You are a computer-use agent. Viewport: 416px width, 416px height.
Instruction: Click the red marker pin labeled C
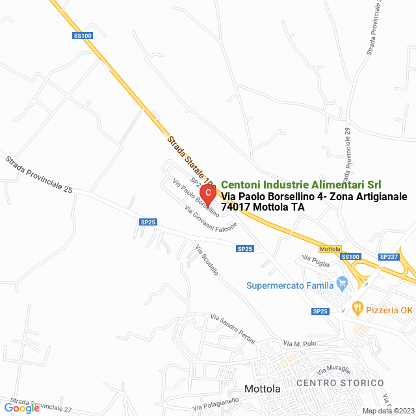point(207,194)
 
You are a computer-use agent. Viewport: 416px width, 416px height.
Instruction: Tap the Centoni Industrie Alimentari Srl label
point(301,185)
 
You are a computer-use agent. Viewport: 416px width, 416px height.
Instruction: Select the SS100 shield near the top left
point(83,36)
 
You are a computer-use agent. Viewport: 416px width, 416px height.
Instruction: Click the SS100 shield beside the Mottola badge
point(350,257)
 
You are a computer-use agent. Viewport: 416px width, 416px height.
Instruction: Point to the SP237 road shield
point(389,257)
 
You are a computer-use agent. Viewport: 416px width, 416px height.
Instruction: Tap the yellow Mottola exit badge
point(330,249)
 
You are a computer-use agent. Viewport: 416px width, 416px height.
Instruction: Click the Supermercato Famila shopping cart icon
point(343,284)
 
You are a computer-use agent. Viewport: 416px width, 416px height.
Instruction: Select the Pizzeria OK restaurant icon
point(357,307)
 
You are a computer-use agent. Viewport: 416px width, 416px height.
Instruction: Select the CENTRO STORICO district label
point(340,383)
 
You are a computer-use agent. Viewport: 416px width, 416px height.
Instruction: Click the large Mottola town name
point(262,389)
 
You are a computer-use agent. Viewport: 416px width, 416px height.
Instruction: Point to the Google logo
point(22,408)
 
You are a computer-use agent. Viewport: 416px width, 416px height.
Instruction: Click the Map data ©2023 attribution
point(388,411)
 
